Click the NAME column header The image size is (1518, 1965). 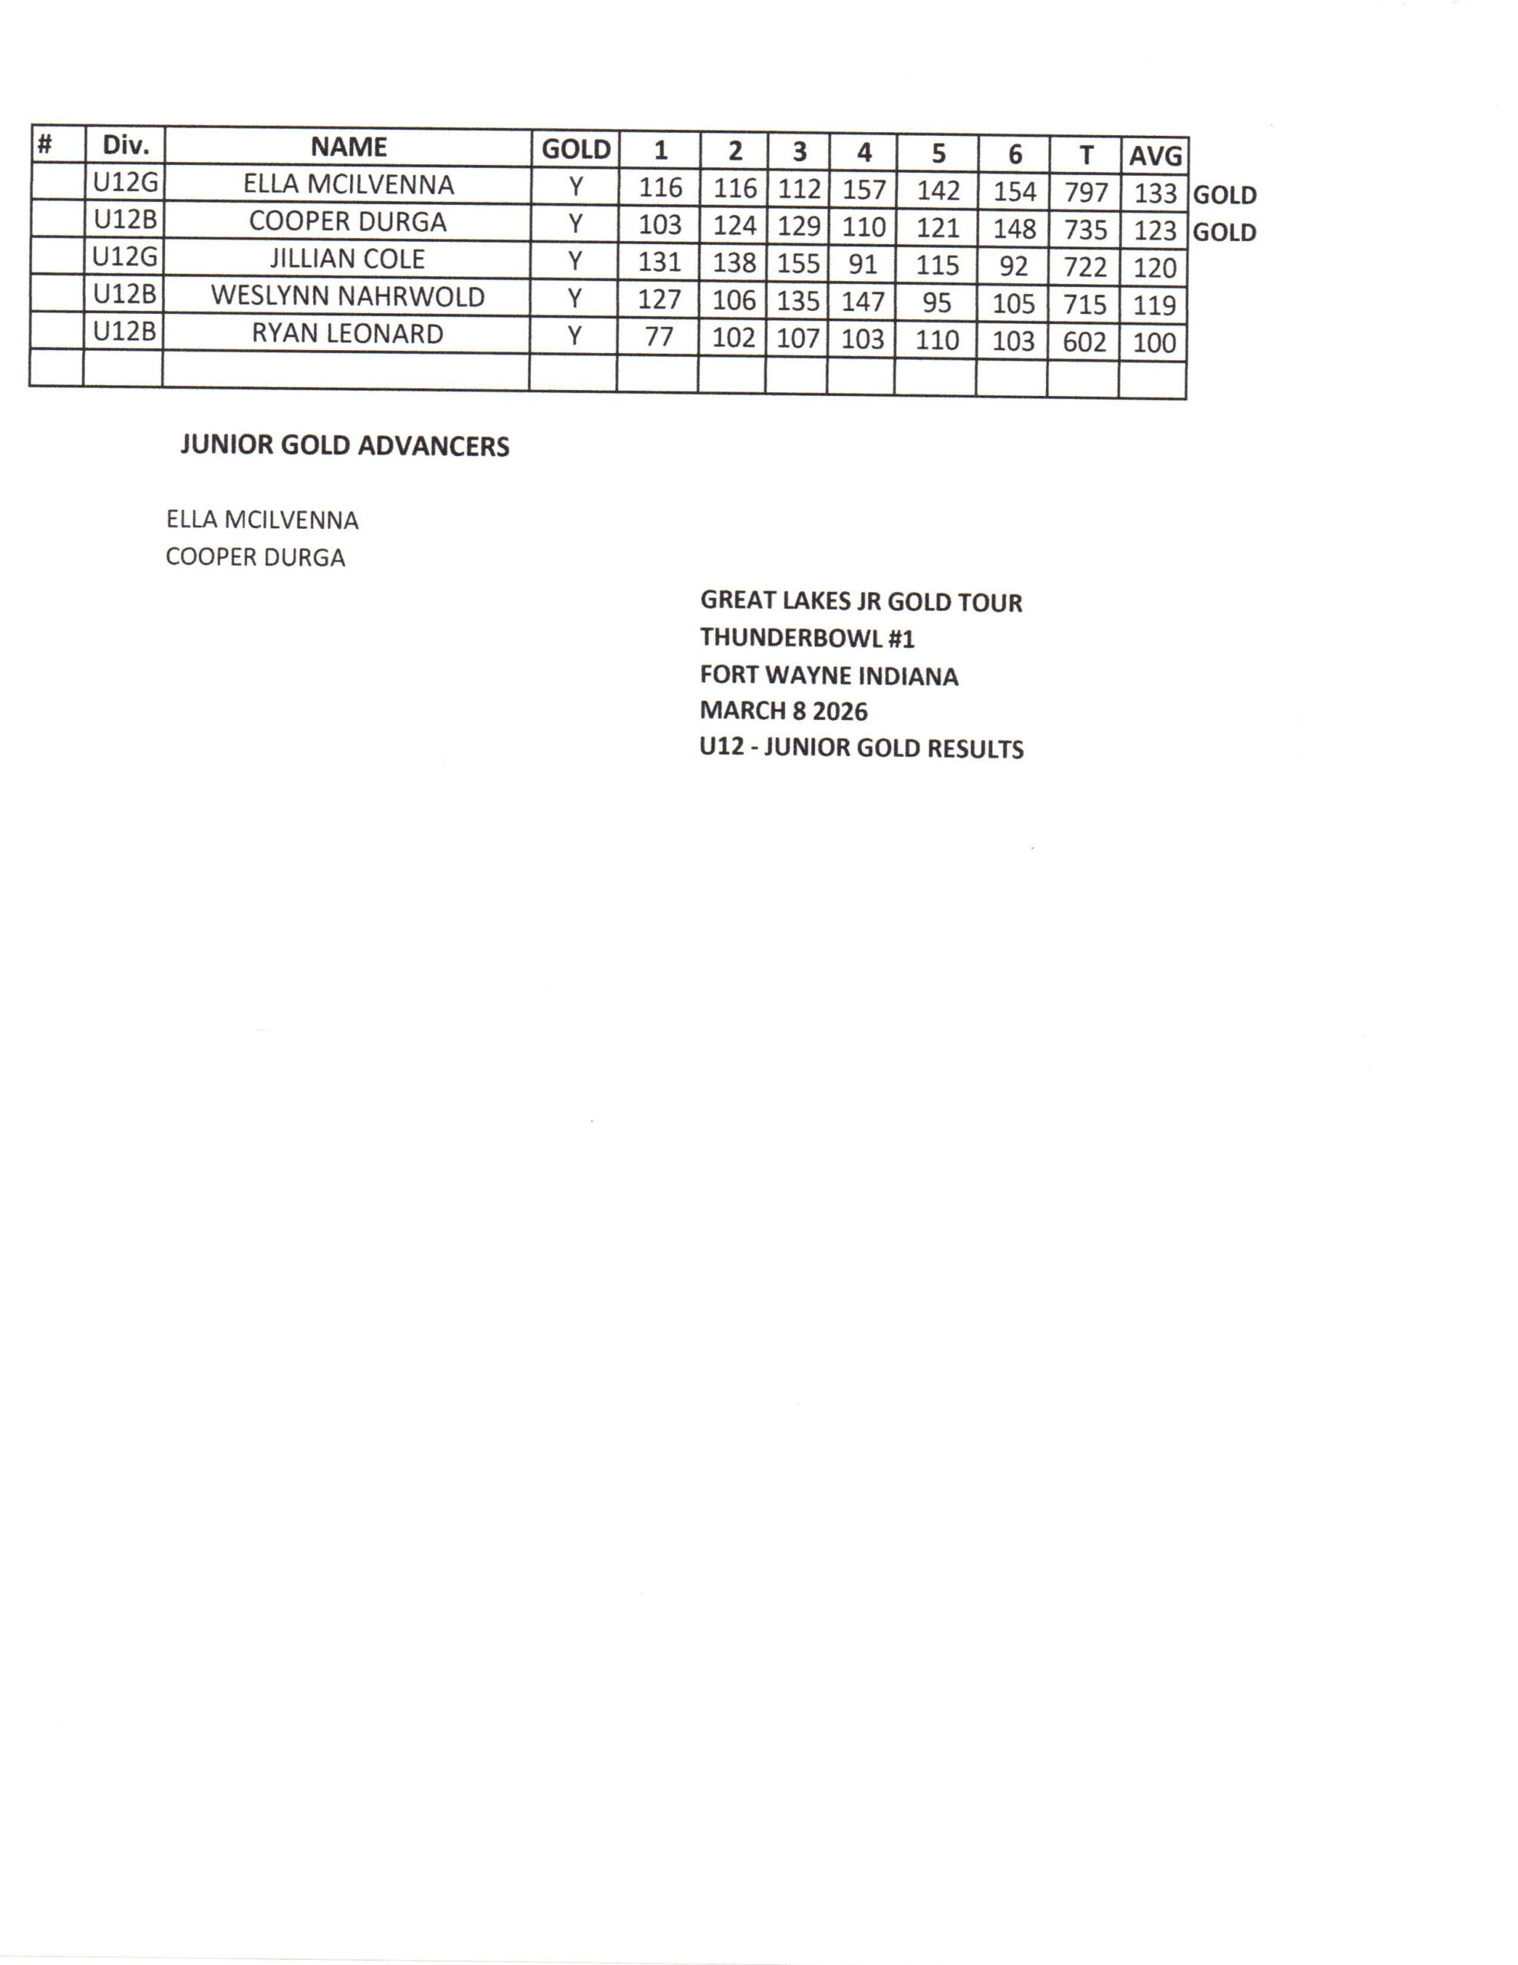348,147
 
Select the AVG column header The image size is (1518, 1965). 1154,156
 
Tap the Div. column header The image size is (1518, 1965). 125,145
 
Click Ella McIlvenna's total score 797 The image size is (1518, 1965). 1085,192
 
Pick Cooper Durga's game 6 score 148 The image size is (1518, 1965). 1014,229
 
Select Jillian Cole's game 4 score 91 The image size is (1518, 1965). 862,265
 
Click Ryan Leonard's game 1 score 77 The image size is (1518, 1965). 658,336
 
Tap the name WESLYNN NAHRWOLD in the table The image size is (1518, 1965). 348,296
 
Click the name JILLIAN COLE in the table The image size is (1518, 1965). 348,259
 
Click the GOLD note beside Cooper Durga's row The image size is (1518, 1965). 1224,232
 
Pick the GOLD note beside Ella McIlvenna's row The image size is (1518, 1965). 1224,195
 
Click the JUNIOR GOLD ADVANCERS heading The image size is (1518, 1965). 345,446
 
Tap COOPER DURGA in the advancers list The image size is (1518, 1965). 256,558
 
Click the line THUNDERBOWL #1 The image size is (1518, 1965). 807,638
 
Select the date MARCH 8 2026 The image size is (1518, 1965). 784,712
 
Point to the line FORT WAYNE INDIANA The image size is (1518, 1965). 829,675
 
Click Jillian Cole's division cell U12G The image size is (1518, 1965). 125,257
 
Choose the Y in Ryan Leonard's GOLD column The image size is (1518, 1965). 574,335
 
